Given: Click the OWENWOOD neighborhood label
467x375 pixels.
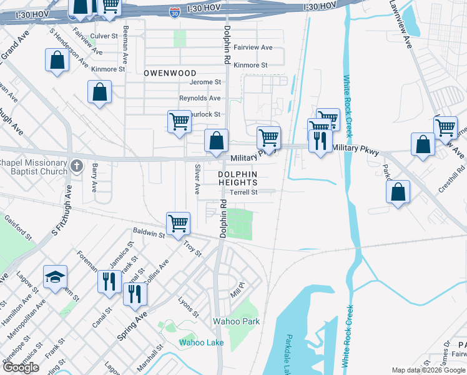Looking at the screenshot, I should tap(170, 73).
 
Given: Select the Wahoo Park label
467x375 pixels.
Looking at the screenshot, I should tap(235, 321).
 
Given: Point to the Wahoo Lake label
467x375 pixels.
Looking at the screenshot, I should tap(202, 342).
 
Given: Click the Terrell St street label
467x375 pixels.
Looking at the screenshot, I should tap(243, 192).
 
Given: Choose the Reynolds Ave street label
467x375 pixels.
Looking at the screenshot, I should tap(200, 98).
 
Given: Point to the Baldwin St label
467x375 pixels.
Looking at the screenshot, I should tap(152, 235).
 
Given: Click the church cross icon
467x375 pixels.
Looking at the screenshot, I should tap(76, 166).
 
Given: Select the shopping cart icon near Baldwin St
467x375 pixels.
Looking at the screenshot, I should tap(179, 223).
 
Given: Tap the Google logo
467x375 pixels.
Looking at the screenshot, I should tap(21, 367).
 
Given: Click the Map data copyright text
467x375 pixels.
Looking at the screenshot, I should tap(429, 370).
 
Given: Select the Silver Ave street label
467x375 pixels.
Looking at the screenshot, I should tap(197, 179).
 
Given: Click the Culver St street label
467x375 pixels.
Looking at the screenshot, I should tap(104, 36).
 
